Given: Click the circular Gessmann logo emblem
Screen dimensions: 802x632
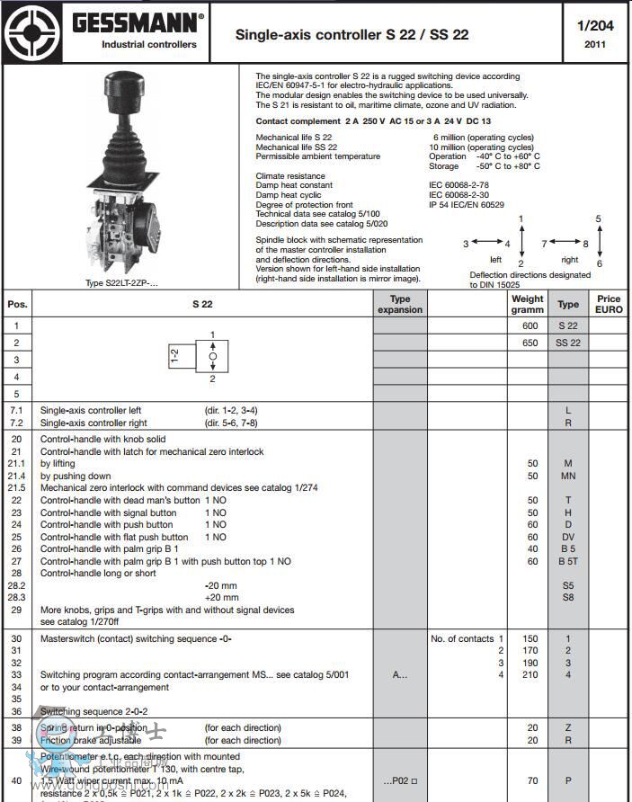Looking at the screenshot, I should coord(31,31).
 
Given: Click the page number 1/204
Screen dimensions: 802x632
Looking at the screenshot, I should coord(595,25).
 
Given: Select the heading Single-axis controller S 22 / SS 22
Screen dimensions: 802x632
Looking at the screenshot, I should coord(352,35).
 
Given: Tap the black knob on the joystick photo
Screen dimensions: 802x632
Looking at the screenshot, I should coord(122,88).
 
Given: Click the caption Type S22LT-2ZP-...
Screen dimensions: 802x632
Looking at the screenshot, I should coord(121,283).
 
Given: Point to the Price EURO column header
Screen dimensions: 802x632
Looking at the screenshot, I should coord(609,304).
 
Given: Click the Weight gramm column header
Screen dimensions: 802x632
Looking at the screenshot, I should coord(528,304).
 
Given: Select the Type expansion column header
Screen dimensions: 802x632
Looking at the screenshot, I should coord(400,304).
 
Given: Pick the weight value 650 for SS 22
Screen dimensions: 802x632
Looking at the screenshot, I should coord(530,343).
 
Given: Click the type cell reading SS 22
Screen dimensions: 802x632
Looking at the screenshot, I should coord(568,343).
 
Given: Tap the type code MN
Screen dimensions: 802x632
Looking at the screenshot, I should coord(568,476).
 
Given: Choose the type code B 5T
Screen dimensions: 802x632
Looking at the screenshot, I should coord(568,561).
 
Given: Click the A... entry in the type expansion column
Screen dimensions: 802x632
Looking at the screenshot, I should coord(400,674).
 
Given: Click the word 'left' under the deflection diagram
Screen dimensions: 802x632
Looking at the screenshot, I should coord(495,259).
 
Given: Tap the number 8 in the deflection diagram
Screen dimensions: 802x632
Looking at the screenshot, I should coord(585,244).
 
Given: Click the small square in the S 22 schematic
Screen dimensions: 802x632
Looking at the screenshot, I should coord(213,357).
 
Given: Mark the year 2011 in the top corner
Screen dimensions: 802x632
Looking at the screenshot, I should coord(595,44).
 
